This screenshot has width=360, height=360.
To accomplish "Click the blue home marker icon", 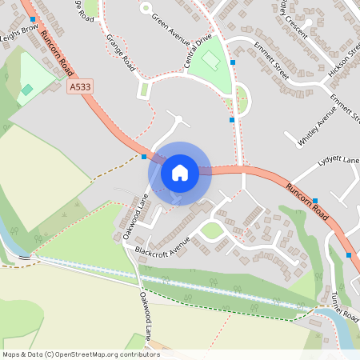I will click(x=180, y=172).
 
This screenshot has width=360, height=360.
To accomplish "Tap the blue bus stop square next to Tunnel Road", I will click(x=349, y=255).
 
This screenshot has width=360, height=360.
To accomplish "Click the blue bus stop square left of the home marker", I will click(x=144, y=158).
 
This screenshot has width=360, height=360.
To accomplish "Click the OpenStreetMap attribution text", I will click(x=81, y=354).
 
